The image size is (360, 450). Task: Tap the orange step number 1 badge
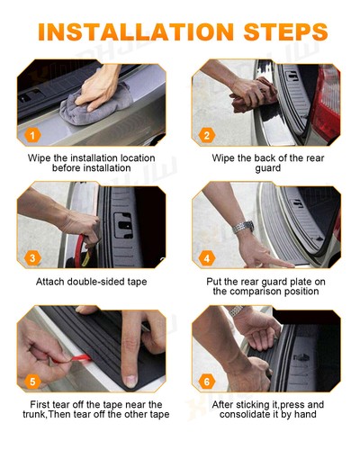click(x=31, y=137)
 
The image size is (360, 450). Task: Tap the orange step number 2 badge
click(x=207, y=137)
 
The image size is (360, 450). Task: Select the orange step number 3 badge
click(x=31, y=258)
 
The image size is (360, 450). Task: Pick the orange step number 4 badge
click(x=207, y=258)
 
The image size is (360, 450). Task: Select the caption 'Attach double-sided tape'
click(x=93, y=281)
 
